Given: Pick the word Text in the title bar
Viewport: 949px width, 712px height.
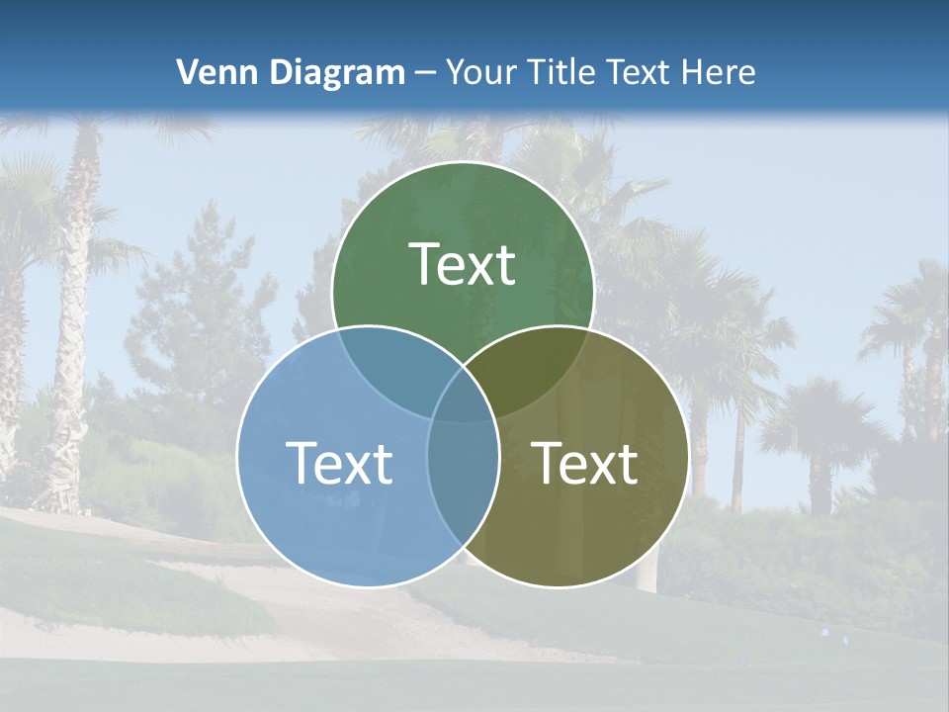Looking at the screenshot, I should [x=643, y=72].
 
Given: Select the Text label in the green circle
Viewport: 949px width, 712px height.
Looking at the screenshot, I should [x=462, y=264].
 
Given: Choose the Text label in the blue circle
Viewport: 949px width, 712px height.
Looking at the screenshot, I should [x=339, y=463].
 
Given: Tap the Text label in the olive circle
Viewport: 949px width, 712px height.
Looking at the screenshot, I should [x=585, y=463].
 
